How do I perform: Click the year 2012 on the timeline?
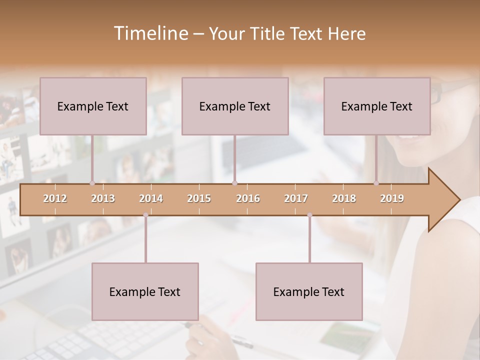[x=55, y=198]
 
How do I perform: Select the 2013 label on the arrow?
[x=103, y=198]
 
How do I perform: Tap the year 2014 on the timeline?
[x=151, y=198]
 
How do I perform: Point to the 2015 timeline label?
[x=199, y=198]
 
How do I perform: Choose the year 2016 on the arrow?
[x=248, y=198]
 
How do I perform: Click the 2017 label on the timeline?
[x=296, y=198]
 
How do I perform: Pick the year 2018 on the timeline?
[x=344, y=198]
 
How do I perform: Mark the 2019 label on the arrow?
[x=392, y=198]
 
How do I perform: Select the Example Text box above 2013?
[x=93, y=106]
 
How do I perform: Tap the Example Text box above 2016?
[x=235, y=106]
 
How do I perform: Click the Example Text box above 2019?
[x=377, y=106]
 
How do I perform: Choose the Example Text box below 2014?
[x=145, y=291]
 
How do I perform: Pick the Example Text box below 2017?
[x=309, y=291]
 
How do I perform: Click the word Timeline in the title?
[x=150, y=33]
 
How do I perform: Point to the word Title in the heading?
[x=271, y=33]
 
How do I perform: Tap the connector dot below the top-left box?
[x=92, y=183]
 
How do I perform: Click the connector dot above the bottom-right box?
[x=309, y=215]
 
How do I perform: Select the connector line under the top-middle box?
[x=235, y=158]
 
